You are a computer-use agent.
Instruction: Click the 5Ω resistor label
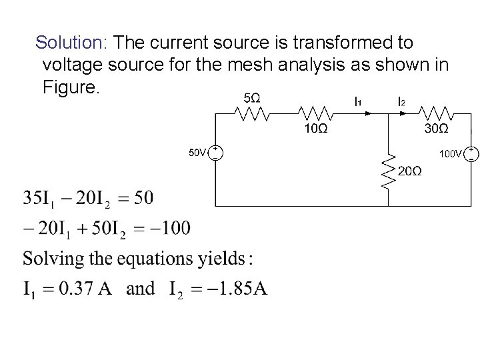[x=251, y=97]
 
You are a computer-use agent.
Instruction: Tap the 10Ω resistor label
[x=315, y=129]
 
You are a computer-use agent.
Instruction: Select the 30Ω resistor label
[x=436, y=129]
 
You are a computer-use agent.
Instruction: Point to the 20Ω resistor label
[x=409, y=171]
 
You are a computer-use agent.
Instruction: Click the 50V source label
[x=197, y=153]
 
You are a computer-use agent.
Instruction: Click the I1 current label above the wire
[x=358, y=102]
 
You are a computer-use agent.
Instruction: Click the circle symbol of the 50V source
[x=216, y=153]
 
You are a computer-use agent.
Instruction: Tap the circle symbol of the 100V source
[x=471, y=155]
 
